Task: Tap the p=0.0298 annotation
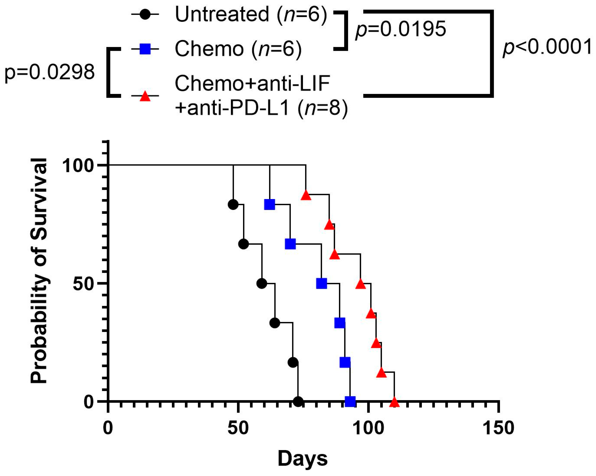click(50, 73)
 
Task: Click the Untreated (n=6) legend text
click(251, 14)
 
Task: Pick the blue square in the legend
click(145, 49)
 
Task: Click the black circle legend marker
click(145, 14)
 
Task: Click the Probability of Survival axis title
click(39, 271)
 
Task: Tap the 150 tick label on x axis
click(498, 428)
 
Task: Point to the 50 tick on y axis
click(83, 283)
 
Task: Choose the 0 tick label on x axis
click(108, 428)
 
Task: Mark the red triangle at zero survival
click(394, 402)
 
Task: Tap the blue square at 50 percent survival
click(321, 283)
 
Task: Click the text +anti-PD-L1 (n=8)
click(261, 108)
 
